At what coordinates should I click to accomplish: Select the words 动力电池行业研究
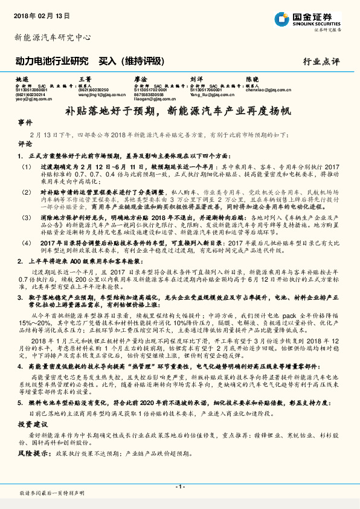pos(52,60)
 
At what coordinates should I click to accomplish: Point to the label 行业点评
pos(321,61)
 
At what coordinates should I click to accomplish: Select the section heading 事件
pos(25,122)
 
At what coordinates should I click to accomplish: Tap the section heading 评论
pos(25,145)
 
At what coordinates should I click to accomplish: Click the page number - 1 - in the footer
pos(179,487)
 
